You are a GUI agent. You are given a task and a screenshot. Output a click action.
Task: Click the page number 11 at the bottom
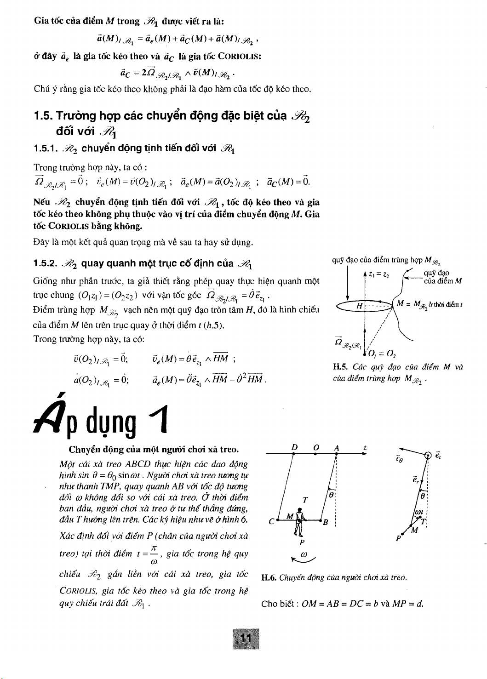[246, 639]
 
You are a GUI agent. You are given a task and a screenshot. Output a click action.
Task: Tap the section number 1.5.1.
[46, 148]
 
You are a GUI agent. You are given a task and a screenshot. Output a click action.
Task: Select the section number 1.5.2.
[46, 263]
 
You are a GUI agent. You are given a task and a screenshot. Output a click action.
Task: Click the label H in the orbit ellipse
[360, 305]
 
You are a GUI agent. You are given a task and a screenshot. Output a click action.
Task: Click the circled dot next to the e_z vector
[428, 456]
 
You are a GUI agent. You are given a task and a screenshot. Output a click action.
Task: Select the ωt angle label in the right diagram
[418, 512]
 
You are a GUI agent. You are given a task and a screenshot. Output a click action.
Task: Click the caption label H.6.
[268, 577]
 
